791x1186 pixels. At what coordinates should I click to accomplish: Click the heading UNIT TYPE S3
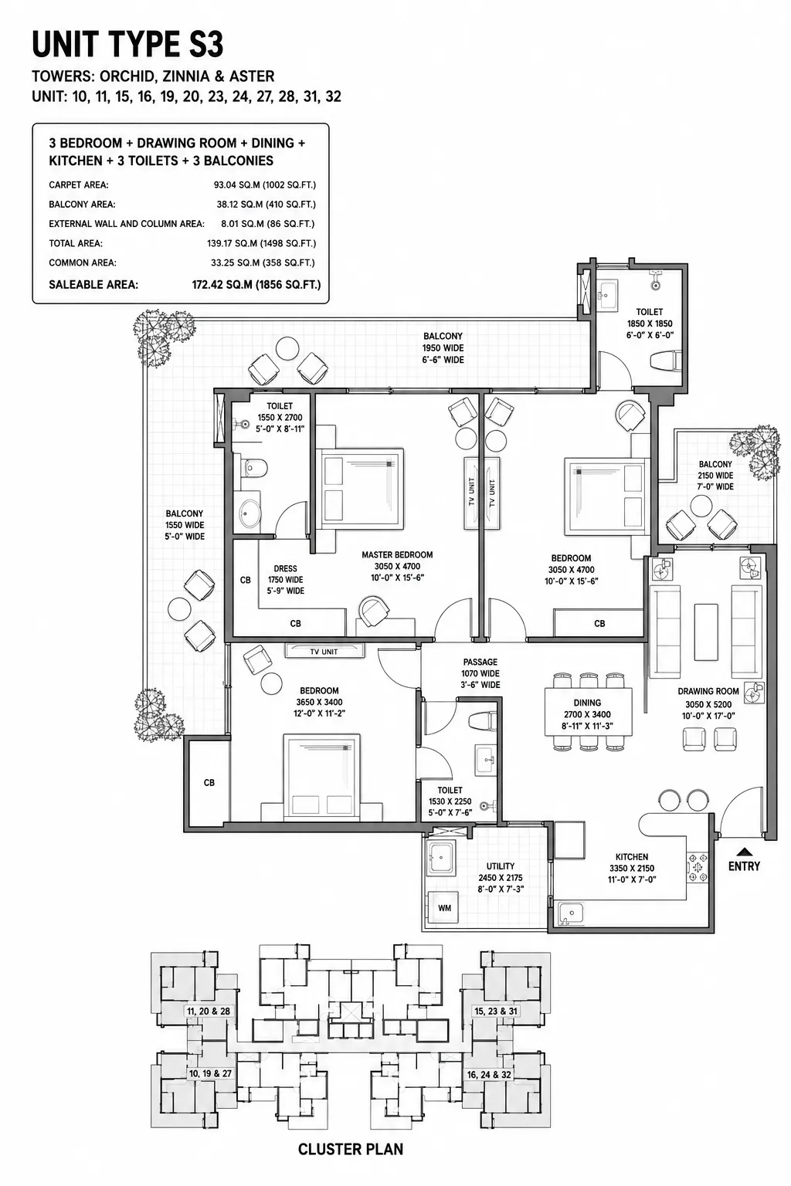[127, 45]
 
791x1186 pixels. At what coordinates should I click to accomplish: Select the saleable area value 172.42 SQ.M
[222, 285]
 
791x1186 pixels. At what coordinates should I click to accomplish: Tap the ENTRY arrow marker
[745, 852]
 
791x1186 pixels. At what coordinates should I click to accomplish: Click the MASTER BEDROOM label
[397, 555]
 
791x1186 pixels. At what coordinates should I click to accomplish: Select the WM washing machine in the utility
[444, 907]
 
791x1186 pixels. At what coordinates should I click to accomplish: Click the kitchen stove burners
[698, 867]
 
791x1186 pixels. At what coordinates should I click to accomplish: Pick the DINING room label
[587, 703]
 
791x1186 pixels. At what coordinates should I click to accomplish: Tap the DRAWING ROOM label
[708, 691]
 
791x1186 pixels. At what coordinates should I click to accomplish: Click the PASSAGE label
[480, 662]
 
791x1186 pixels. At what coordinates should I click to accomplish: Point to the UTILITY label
[500, 866]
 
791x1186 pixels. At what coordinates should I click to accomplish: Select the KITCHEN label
[632, 856]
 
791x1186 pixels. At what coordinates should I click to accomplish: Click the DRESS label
[285, 568]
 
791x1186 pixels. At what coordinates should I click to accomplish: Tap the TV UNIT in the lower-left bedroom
[324, 651]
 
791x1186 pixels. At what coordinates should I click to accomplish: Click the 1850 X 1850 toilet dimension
[650, 324]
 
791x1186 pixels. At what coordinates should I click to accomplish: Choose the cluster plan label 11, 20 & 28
[209, 1011]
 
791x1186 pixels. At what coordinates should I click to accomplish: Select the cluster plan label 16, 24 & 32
[489, 1075]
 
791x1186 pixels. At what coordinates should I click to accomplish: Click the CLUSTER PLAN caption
[351, 1149]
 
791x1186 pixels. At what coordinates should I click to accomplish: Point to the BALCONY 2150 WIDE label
[715, 475]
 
